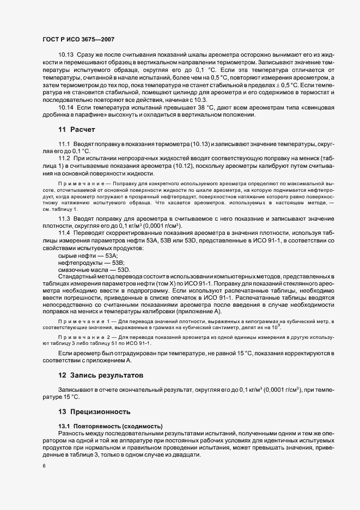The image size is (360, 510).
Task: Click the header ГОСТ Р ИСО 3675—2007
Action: pyautogui.click(x=78, y=40)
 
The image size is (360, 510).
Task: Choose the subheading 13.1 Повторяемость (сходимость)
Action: pyautogui.click(x=107, y=425)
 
